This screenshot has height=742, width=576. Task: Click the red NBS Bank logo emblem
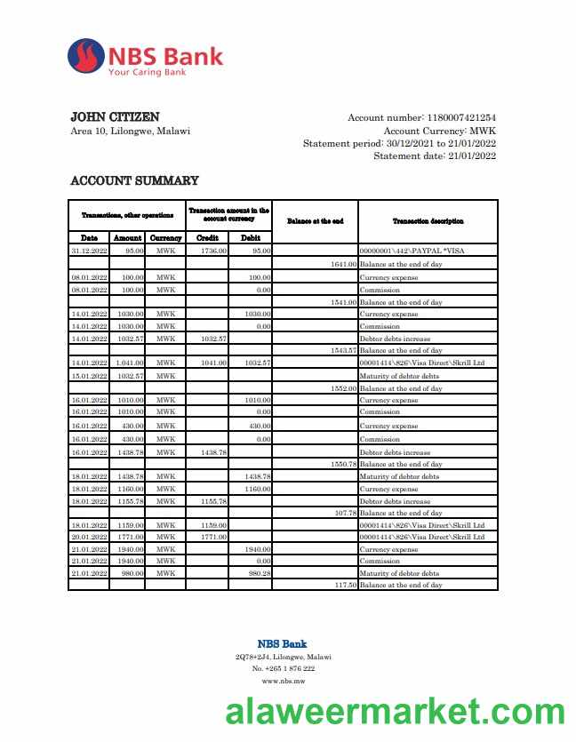85,55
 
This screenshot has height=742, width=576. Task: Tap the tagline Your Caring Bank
147,72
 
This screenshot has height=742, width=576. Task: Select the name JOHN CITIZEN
115,117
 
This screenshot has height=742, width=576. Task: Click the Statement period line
399,143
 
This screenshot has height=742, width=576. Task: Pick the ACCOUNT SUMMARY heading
134,180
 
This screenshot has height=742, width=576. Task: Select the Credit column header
207,238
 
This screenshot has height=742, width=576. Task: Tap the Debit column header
251,238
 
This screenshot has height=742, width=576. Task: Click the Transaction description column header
428,220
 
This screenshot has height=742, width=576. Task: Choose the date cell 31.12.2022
89,251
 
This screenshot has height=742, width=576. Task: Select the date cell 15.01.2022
89,376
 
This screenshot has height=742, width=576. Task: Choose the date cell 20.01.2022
89,537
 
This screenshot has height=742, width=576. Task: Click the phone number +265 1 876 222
283,668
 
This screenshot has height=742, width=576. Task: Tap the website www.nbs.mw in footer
283,681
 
